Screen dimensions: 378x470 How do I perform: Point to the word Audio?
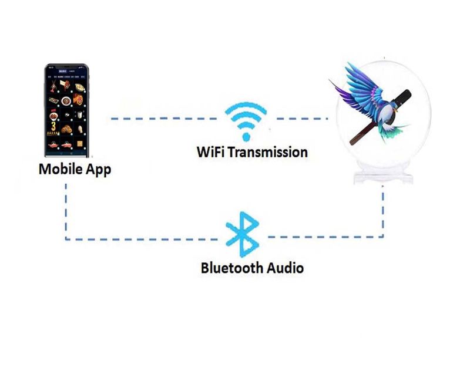[284, 268]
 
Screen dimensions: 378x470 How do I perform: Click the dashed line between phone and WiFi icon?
[164, 119]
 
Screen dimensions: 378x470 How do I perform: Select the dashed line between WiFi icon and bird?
[300, 119]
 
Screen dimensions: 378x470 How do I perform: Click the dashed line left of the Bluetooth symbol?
[147, 238]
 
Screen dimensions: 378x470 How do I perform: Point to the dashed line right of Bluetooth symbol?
[323, 237]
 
